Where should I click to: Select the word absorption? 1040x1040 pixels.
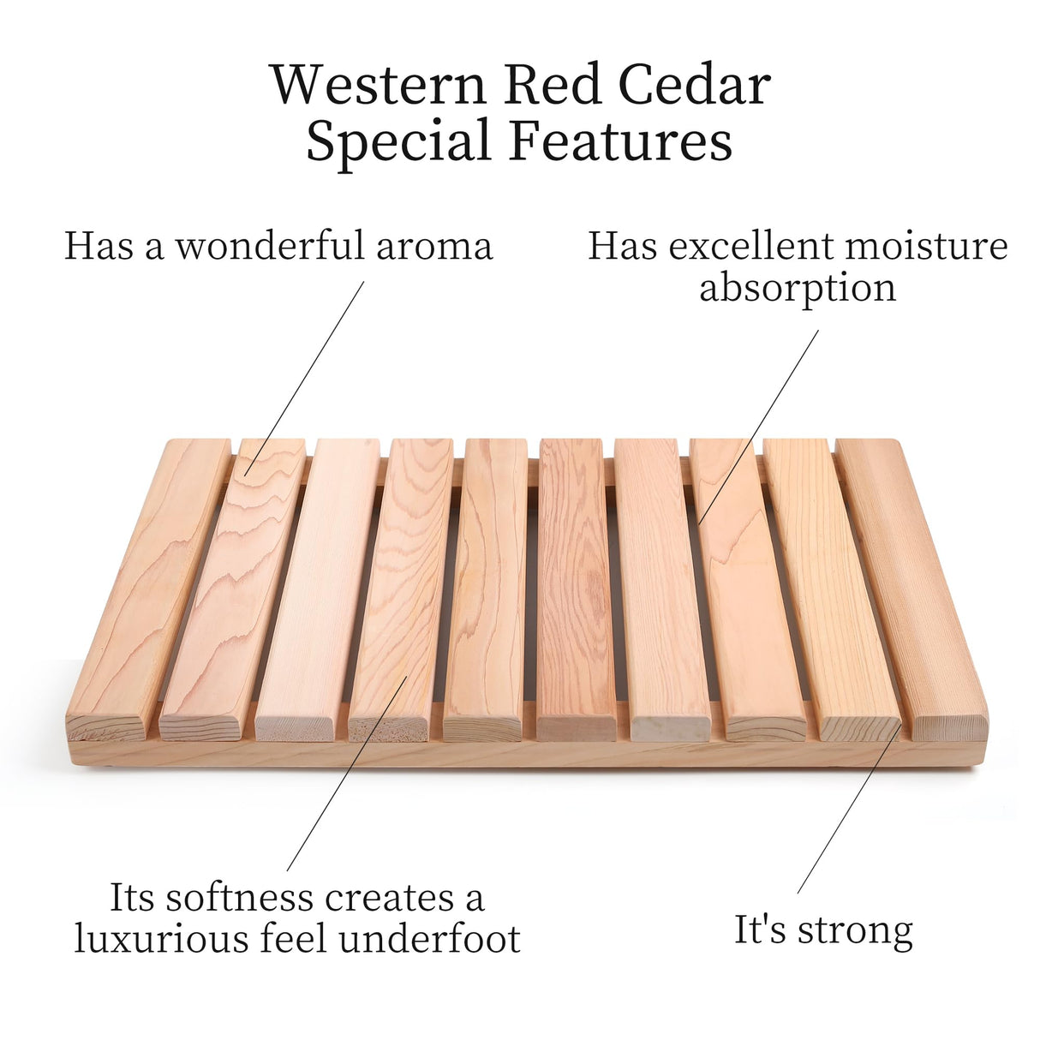click(x=798, y=288)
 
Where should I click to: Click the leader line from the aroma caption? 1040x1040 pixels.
click(x=304, y=377)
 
